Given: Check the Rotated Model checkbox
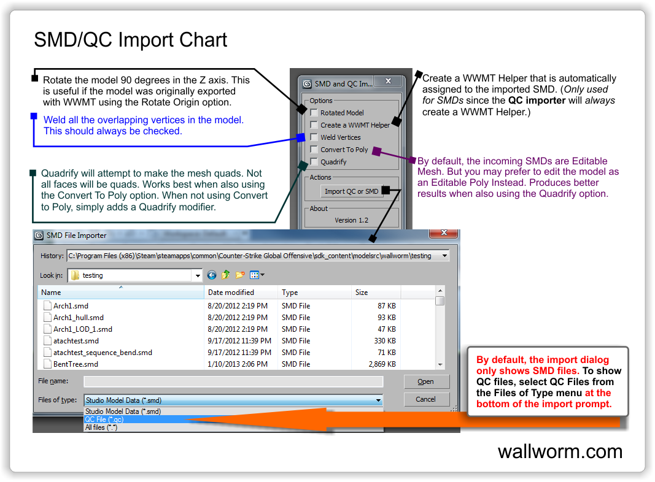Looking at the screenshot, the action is pos(314,113).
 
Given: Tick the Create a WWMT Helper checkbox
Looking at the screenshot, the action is pos(314,124).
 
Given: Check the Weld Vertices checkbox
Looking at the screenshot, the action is pos(314,137).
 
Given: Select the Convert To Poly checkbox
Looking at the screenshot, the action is pos(314,150).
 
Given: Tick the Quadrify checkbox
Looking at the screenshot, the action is pos(314,161).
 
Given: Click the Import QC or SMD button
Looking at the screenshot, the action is pos(351,191).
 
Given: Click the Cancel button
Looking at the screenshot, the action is pos(426,399).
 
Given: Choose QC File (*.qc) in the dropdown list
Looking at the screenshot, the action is pos(104,419).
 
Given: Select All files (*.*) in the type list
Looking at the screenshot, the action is pos(101,427).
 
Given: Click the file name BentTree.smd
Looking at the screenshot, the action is pos(76,364).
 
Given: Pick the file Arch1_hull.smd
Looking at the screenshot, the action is pos(79,318).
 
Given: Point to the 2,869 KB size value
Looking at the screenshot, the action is pos(382,364).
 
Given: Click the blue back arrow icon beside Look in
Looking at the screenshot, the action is pos(212,275).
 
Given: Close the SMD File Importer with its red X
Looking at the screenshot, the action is pos(444,233).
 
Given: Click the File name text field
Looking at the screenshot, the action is pos(233,381).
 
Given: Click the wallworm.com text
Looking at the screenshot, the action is pos(560,451).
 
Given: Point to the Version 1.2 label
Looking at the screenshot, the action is pos(351,220).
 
